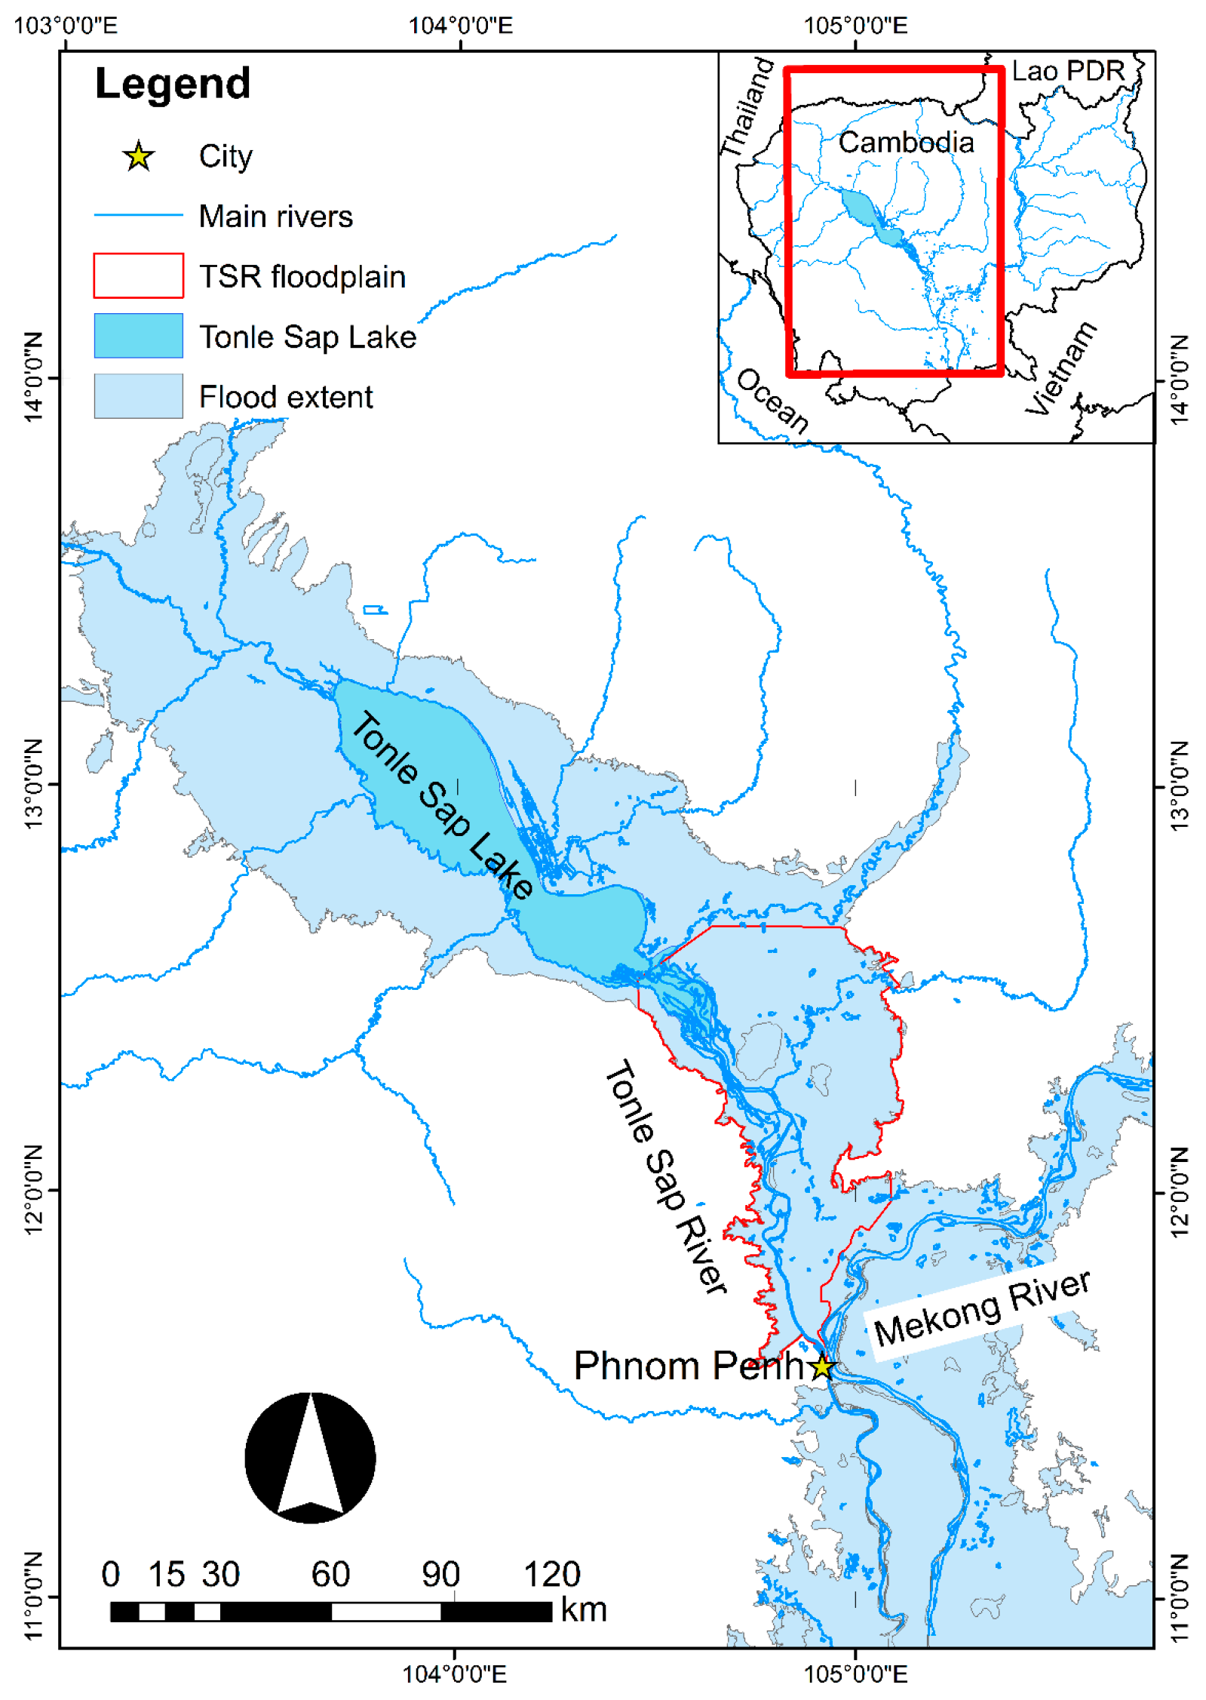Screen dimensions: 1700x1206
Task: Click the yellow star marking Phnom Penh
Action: [821, 1366]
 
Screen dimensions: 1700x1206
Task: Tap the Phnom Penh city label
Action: [688, 1366]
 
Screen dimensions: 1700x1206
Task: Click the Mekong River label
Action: [981, 1309]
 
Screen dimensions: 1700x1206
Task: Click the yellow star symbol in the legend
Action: [139, 157]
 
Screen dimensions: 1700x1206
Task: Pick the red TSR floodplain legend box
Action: [138, 275]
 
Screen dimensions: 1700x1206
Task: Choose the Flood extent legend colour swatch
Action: [138, 396]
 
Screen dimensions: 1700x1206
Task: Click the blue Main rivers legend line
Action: [138, 216]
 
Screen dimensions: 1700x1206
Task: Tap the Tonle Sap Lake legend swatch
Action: [138, 336]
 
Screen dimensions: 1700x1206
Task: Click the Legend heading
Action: [173, 84]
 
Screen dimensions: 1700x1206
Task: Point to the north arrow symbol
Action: [310, 1458]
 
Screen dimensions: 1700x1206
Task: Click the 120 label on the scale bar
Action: [552, 1575]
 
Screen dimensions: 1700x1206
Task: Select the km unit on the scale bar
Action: [584, 1610]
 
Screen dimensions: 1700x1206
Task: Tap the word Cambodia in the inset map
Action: [906, 143]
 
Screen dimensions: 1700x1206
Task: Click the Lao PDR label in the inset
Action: [1067, 72]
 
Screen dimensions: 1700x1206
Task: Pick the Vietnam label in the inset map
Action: [1060, 367]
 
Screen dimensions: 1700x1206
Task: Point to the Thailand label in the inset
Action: [747, 107]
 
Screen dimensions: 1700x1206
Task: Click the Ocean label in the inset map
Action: [772, 401]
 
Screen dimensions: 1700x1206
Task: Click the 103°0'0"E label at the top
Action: [66, 26]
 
